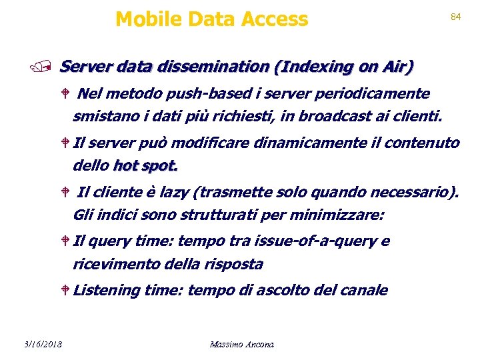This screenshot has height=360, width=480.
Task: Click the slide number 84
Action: (x=456, y=17)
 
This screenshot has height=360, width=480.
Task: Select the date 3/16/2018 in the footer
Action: (x=41, y=344)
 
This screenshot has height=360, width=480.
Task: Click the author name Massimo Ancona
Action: (x=241, y=344)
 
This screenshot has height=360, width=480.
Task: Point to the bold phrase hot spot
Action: (x=145, y=165)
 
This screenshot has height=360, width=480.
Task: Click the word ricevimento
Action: (x=118, y=264)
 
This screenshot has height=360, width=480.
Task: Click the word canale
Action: (x=365, y=290)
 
